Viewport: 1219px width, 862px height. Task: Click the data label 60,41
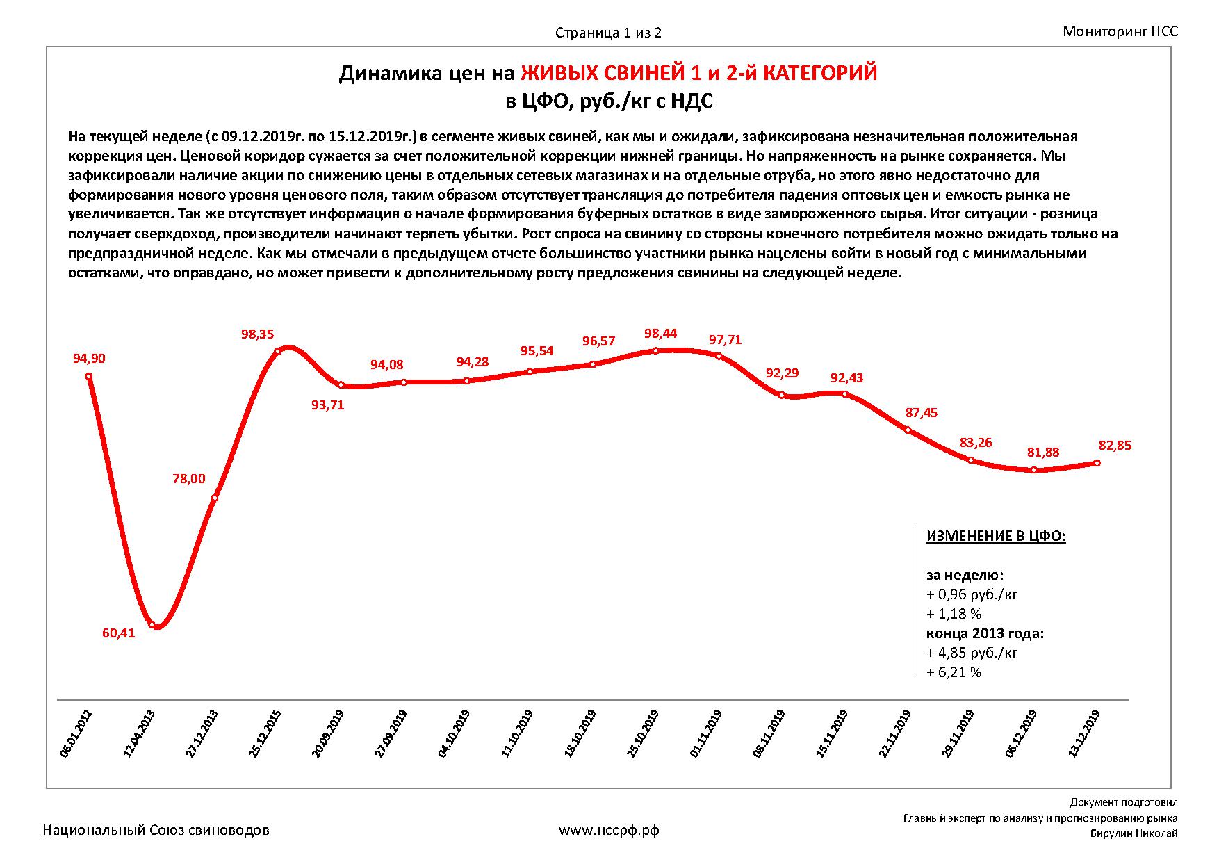coord(118,633)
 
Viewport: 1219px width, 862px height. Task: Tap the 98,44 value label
coord(660,334)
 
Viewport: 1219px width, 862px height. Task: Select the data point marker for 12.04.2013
coord(152,624)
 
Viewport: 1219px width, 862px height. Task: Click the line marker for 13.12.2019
coord(1097,463)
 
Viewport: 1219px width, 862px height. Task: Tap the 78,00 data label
coord(188,479)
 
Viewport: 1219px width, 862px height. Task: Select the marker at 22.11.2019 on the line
coord(908,430)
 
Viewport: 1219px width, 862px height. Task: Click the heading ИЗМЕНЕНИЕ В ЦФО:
coord(996,537)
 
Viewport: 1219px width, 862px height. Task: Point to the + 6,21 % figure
coord(954,673)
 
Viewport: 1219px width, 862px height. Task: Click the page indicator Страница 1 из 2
coord(608,33)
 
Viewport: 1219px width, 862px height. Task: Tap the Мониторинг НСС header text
coord(1120,31)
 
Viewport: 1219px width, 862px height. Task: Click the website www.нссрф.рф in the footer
coord(609,830)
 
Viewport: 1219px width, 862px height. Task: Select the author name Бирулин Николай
coord(1134,834)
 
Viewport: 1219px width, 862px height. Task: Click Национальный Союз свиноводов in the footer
coord(156,830)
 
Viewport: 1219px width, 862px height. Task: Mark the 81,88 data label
coord(1042,453)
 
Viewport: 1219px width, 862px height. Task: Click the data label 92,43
coord(846,378)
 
